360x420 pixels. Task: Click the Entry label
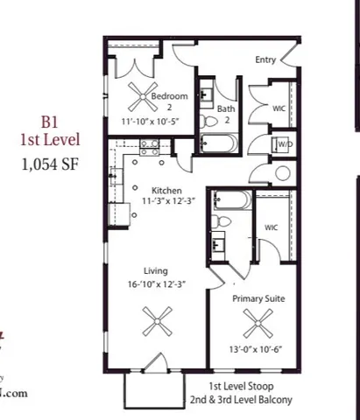(x=266, y=60)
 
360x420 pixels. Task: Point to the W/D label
(x=285, y=143)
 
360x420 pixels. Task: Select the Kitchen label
(x=166, y=190)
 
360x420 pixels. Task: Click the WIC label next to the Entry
(x=279, y=108)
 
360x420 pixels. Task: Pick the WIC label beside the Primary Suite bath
(x=272, y=227)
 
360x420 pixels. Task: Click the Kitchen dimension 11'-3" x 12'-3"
(x=166, y=201)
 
